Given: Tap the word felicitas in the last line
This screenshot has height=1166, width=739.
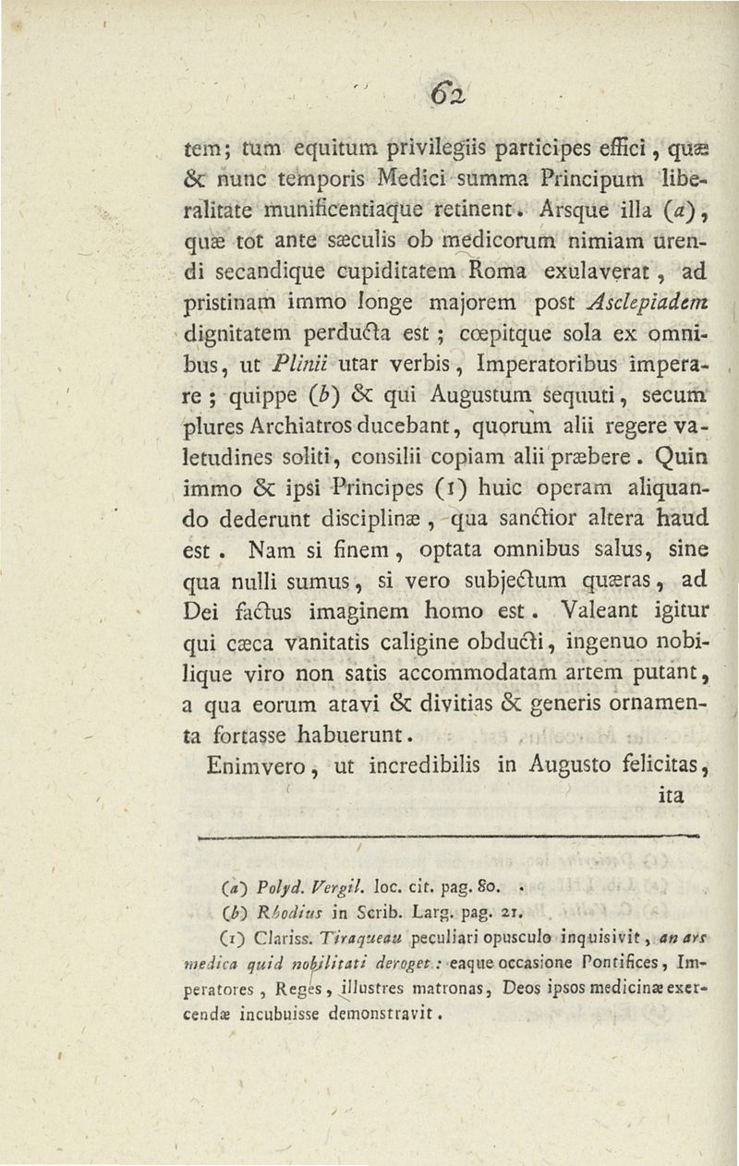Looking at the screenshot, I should click(x=660, y=738).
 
